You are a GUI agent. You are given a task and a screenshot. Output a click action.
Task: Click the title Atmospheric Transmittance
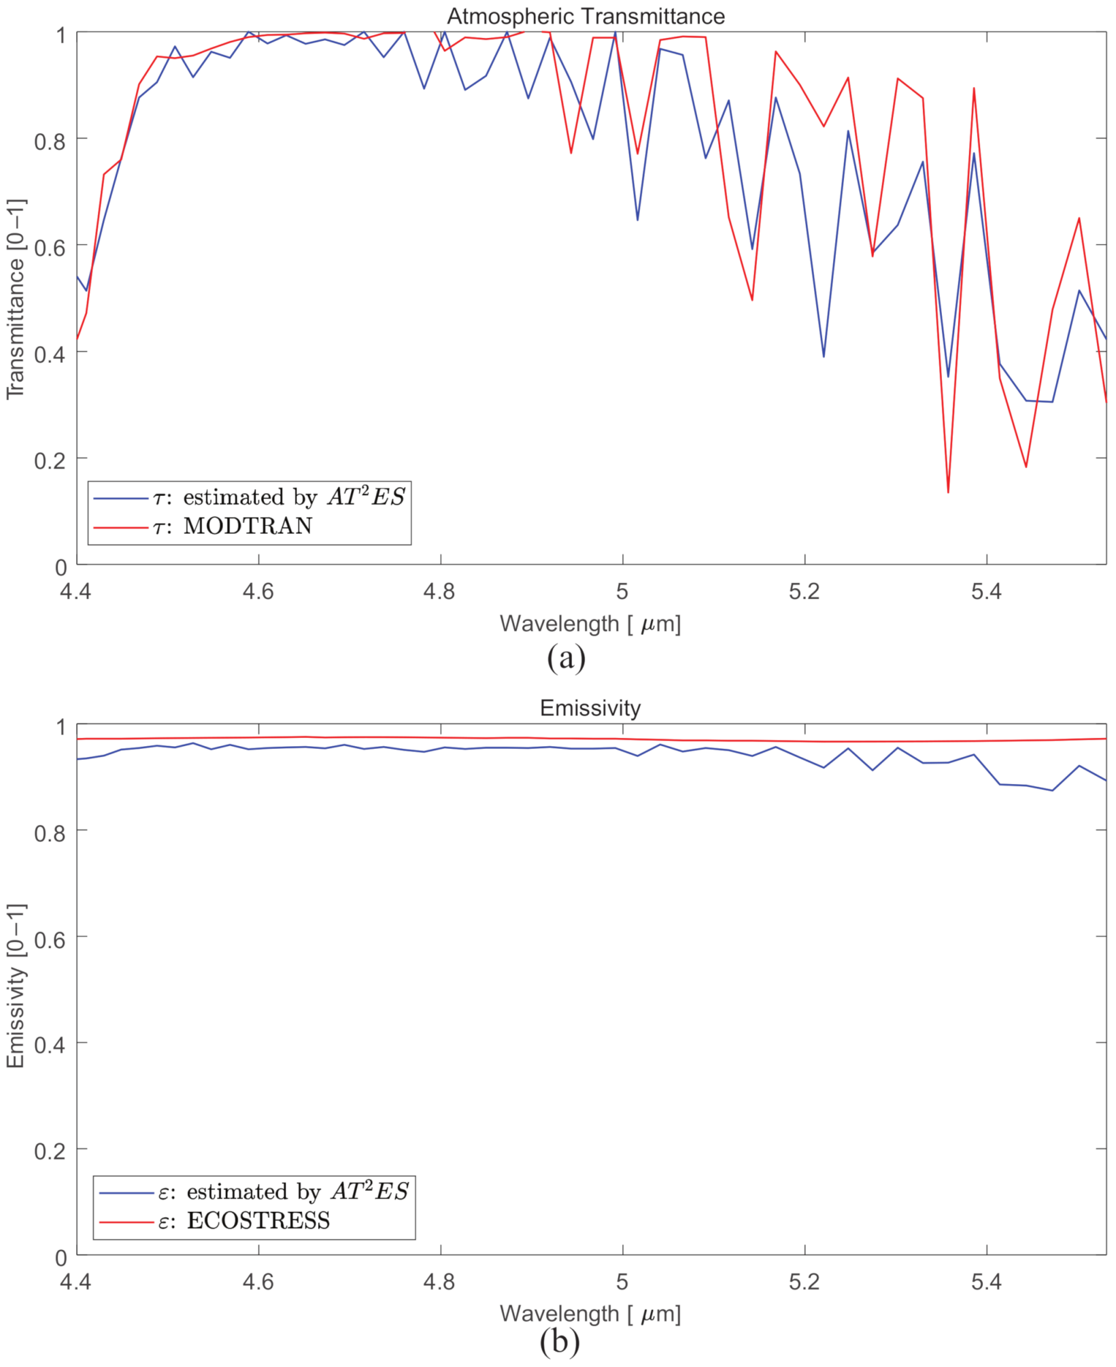pos(586,16)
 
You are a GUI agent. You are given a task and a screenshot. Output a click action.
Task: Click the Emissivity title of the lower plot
pos(590,708)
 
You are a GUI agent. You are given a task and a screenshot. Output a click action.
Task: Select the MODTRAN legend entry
pos(248,526)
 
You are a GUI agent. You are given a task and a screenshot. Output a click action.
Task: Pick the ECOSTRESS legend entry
pos(258,1220)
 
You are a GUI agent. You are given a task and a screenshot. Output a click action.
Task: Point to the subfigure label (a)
pos(566,658)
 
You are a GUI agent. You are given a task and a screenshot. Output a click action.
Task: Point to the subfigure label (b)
pos(560,1342)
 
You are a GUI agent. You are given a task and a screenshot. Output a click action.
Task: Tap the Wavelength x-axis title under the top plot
pos(590,624)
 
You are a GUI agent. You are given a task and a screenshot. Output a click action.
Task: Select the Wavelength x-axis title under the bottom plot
pos(590,1313)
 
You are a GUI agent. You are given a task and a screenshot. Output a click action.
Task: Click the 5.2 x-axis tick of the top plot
pos(804,592)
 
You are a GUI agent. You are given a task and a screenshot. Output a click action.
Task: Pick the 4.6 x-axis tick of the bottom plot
pos(258,1282)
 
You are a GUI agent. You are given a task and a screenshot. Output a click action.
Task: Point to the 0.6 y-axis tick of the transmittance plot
pos(50,246)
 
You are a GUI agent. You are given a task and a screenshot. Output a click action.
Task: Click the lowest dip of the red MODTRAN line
pos(948,492)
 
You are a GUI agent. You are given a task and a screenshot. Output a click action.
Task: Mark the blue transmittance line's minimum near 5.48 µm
pos(1052,402)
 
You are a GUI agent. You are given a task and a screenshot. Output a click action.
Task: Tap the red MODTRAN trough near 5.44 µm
pos(1026,467)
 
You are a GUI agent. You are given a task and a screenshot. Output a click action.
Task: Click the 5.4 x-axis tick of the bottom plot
pos(986,1282)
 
